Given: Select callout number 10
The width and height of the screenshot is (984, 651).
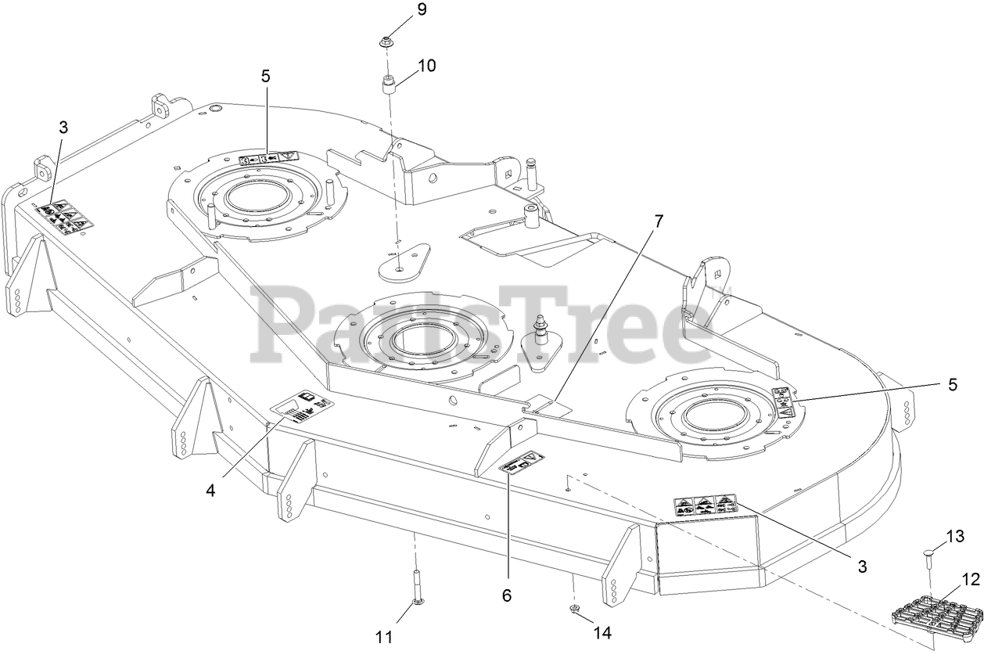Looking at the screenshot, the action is tap(426, 66).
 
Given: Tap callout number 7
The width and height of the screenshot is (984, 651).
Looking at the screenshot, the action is tap(658, 221).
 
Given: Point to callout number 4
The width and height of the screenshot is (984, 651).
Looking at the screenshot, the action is tap(210, 491).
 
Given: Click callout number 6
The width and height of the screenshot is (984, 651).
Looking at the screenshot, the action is tap(507, 595).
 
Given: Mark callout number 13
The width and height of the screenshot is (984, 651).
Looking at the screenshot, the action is tap(955, 536).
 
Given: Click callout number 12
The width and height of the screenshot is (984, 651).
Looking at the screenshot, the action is tap(971, 581).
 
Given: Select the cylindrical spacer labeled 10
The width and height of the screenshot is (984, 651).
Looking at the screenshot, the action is tap(389, 84).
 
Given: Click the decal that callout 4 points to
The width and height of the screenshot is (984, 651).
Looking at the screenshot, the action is tap(302, 406).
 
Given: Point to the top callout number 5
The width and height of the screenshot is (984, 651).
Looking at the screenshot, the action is tap(265, 76).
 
